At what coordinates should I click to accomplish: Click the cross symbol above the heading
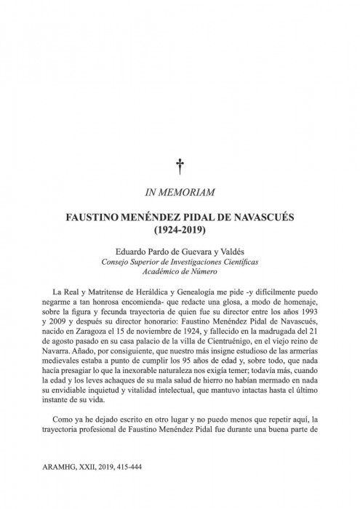click(x=180, y=168)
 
